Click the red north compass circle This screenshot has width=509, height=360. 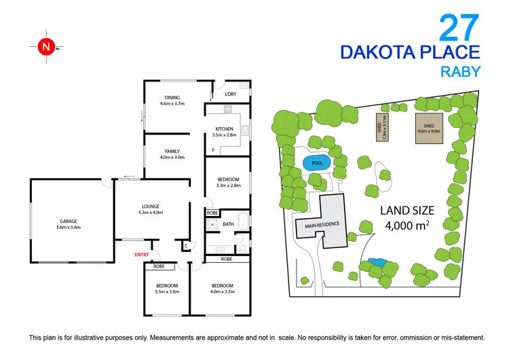[45, 47]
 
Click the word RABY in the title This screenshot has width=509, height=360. [463, 71]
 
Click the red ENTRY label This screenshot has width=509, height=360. [142, 255]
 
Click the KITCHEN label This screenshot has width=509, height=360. [225, 128]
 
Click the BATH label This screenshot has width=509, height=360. [228, 224]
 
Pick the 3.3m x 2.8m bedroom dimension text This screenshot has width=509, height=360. [228, 185]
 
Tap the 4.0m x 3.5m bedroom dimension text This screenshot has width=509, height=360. [222, 292]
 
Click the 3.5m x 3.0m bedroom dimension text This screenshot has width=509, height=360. [167, 292]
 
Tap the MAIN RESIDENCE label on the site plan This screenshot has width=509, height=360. [322, 225]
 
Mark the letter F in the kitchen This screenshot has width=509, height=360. [213, 149]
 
